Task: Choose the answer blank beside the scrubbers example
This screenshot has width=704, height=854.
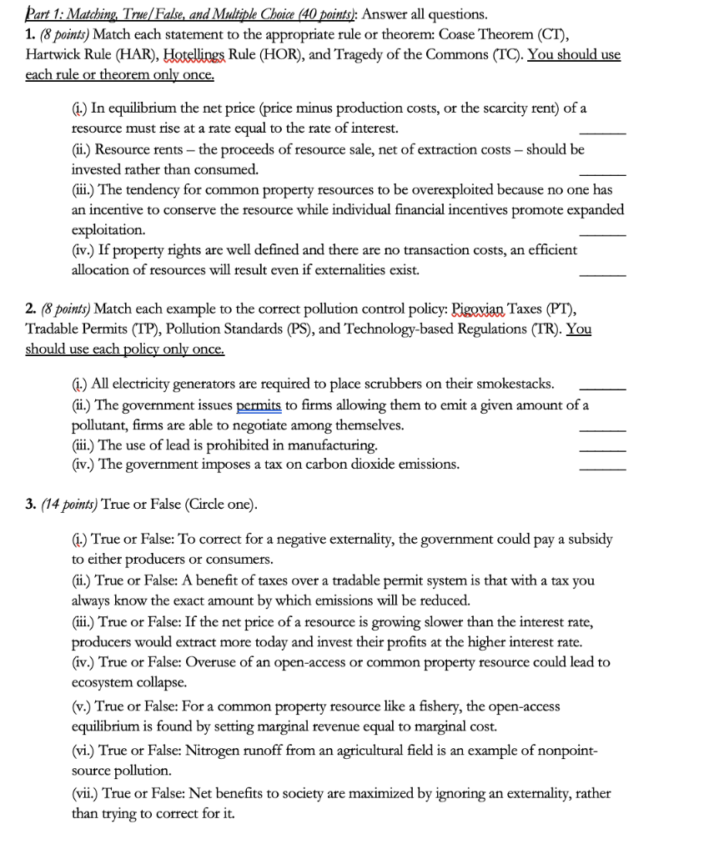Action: click(x=601, y=387)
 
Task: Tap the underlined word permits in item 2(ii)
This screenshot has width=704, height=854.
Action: click(x=261, y=405)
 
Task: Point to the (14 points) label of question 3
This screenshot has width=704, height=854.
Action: click(x=69, y=505)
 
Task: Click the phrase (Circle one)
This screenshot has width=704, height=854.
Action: click(x=214, y=505)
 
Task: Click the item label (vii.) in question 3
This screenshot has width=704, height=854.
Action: click(x=85, y=793)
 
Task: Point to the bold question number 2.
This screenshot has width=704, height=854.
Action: click(x=30, y=308)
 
